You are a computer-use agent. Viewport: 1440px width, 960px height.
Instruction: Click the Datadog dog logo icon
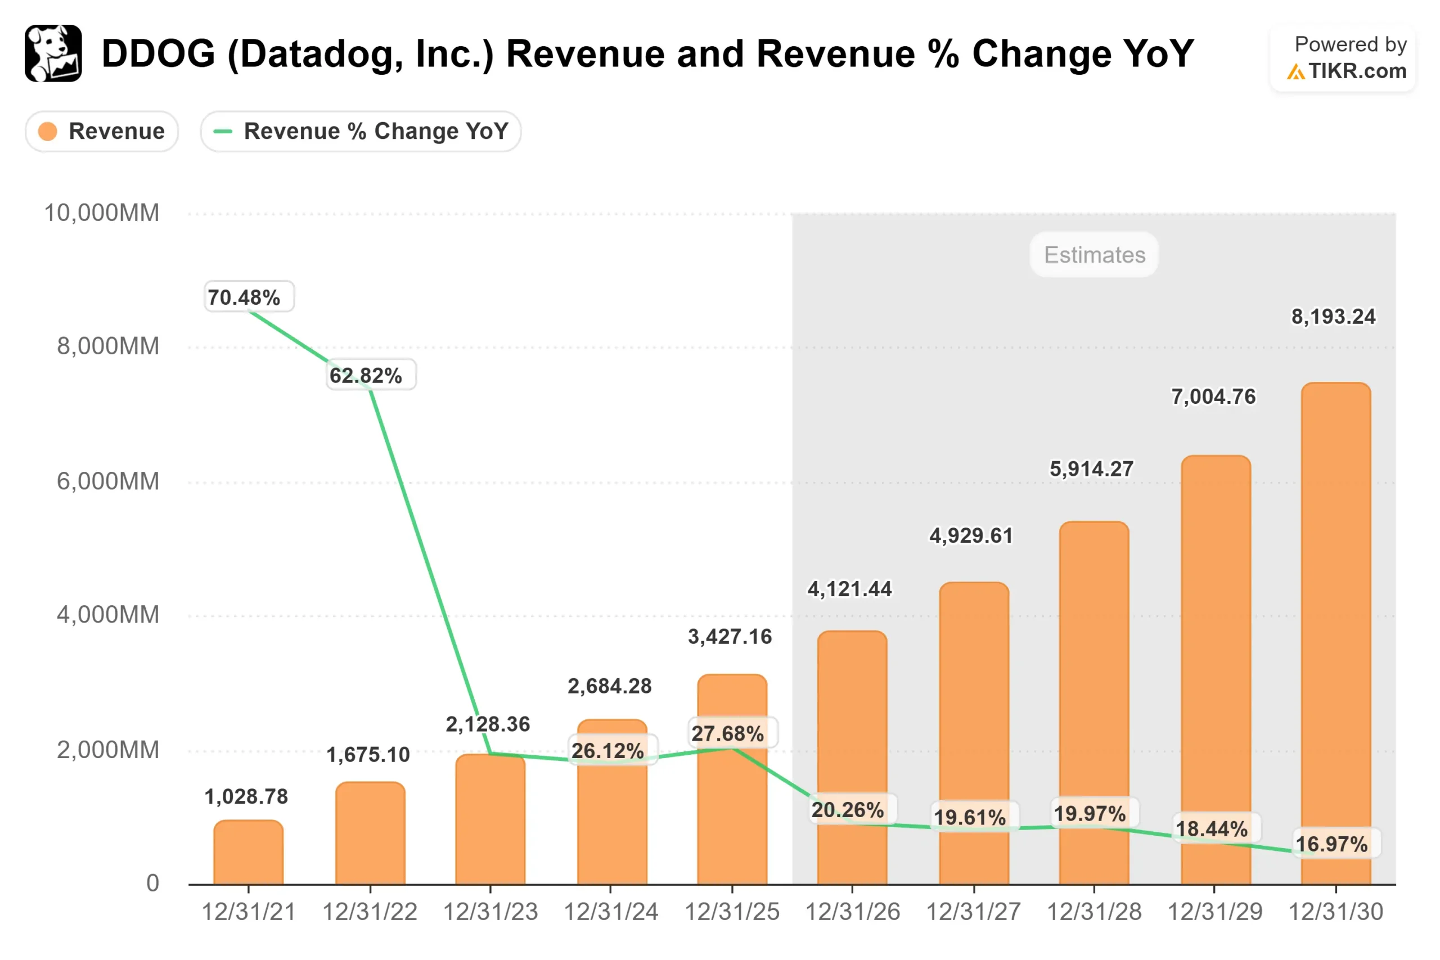click(53, 53)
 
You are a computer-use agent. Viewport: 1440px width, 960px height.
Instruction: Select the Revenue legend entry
click(102, 131)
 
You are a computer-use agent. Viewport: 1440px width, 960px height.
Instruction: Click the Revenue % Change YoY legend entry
click(361, 131)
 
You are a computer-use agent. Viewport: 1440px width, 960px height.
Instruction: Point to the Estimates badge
click(1094, 255)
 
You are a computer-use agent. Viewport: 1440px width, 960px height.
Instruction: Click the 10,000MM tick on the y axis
click(102, 213)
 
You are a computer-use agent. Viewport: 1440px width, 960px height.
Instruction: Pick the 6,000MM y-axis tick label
click(108, 481)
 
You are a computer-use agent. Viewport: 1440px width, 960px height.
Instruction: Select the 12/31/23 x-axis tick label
click(490, 912)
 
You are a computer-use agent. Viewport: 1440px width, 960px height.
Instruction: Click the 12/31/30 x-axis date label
click(1335, 912)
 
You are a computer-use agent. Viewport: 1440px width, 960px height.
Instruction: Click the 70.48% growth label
click(244, 298)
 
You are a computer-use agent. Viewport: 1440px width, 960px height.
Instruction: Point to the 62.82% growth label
click(366, 375)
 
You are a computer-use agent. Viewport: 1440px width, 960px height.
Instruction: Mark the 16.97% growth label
click(1331, 844)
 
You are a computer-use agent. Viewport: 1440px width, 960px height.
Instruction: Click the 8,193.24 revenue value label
click(1333, 317)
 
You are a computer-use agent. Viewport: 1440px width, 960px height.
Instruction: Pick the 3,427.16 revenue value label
click(730, 637)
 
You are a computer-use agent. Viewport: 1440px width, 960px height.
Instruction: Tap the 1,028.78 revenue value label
click(246, 796)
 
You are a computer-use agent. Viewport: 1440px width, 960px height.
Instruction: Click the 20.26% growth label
click(848, 810)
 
